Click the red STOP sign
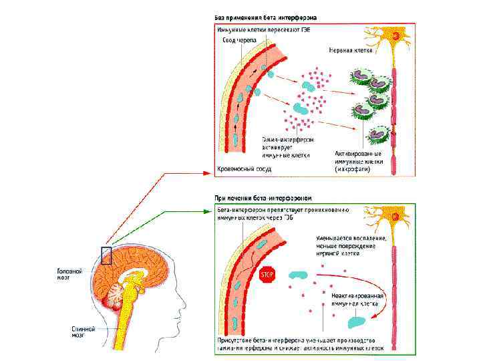267,275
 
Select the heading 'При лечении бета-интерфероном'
263,198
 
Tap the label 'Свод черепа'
238,41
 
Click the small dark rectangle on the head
106,255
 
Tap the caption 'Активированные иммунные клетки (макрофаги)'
358,161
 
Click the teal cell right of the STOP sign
299,275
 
